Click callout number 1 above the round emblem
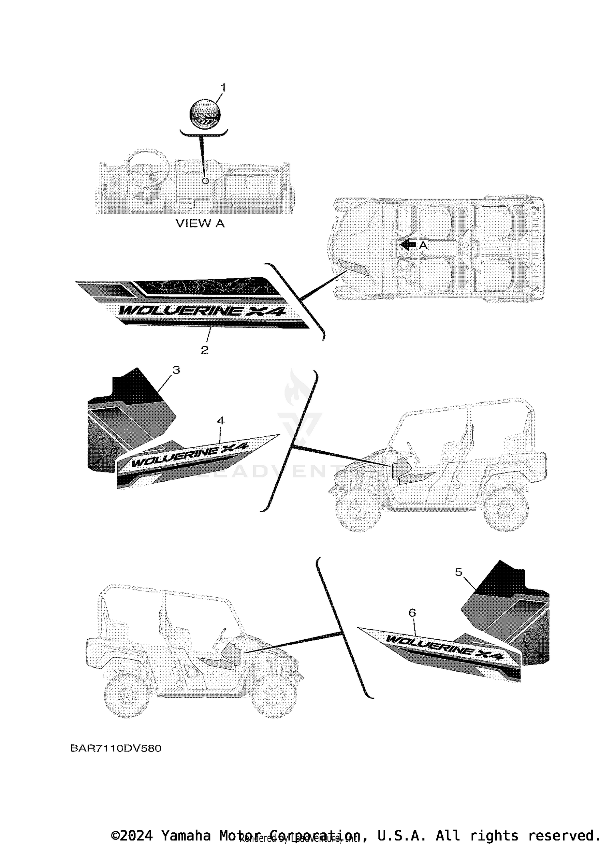(223, 88)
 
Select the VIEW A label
(200, 224)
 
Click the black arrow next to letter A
(408, 245)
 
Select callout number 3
(176, 370)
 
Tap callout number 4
(220, 420)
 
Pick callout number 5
(458, 572)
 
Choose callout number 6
(412, 613)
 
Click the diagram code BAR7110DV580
(116, 748)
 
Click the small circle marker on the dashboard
(206, 181)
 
